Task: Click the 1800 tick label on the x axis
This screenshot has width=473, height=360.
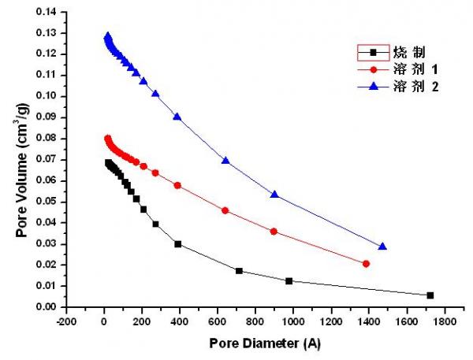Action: pyautogui.click(x=445, y=321)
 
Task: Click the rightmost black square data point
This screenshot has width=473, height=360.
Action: pyautogui.click(x=430, y=295)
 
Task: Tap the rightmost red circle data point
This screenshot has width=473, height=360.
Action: pyautogui.click(x=366, y=264)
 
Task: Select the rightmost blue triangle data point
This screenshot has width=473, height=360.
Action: pyautogui.click(x=382, y=247)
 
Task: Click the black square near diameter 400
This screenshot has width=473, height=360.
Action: pyautogui.click(x=178, y=244)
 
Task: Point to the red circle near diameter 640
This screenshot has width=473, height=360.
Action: pyautogui.click(x=225, y=210)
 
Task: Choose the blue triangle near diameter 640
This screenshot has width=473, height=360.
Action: pyautogui.click(x=225, y=161)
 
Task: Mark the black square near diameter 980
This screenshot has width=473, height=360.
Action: pyautogui.click(x=289, y=281)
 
